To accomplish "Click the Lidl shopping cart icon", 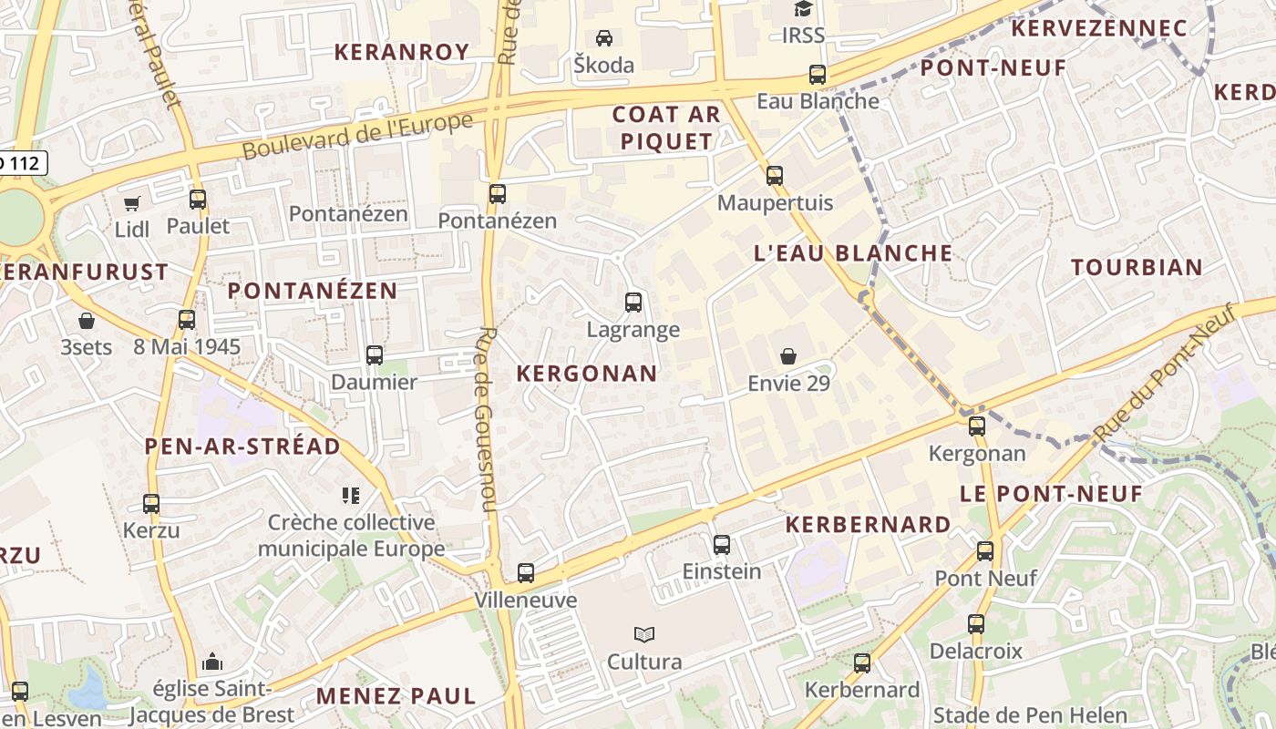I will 132,203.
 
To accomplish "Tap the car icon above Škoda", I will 603,38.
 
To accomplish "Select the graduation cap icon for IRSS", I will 803,9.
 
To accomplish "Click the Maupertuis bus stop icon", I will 775,176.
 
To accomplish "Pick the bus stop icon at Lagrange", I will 633,303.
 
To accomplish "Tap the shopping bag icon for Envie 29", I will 788,356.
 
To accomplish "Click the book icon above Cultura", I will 644,634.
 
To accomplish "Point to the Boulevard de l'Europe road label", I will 358,136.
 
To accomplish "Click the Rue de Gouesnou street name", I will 483,419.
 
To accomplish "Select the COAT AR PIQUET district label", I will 666,128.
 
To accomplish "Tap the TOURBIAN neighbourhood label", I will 1137,267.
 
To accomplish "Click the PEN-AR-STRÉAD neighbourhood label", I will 242,447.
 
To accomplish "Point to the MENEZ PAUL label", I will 396,696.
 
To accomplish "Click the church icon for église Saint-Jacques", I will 212,661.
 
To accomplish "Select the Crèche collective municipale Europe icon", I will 351,496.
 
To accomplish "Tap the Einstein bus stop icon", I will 722,545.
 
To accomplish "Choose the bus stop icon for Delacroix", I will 976,624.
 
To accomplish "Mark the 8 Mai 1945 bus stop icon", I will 187,320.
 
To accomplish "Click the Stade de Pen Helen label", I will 1030,715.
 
